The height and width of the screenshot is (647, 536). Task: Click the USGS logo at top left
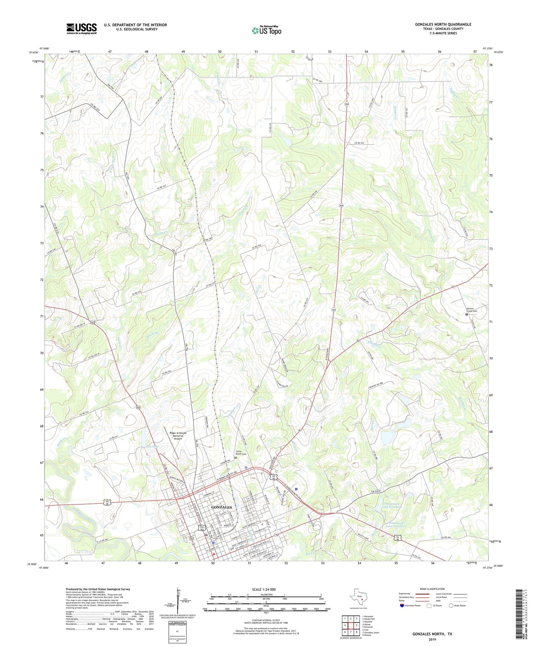coord(82,29)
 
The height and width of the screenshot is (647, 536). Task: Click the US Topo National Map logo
coord(266,30)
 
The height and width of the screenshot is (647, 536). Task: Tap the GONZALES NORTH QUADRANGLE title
coord(443,24)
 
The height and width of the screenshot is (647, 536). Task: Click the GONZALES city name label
coord(221,507)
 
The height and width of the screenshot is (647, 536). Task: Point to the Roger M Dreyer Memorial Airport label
coord(178,435)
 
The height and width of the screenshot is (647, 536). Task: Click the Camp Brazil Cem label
coord(241,452)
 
